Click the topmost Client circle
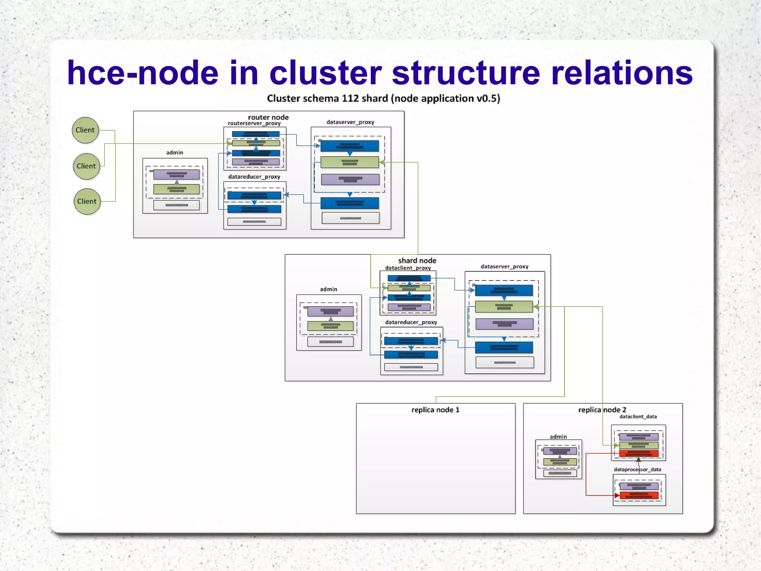(85, 130)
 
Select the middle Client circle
(86, 166)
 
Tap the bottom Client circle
(87, 201)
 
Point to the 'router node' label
(268, 117)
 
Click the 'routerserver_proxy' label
(254, 123)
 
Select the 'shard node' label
(417, 260)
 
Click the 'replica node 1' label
(435, 410)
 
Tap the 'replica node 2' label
(602, 410)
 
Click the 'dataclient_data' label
(638, 417)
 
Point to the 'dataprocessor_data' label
(637, 469)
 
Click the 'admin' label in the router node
(175, 153)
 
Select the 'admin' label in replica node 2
(558, 437)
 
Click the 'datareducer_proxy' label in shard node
(411, 322)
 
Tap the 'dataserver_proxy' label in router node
(350, 122)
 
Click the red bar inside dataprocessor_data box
(639, 495)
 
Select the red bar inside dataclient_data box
(639, 453)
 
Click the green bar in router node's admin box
(177, 189)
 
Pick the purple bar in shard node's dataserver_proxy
(504, 324)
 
